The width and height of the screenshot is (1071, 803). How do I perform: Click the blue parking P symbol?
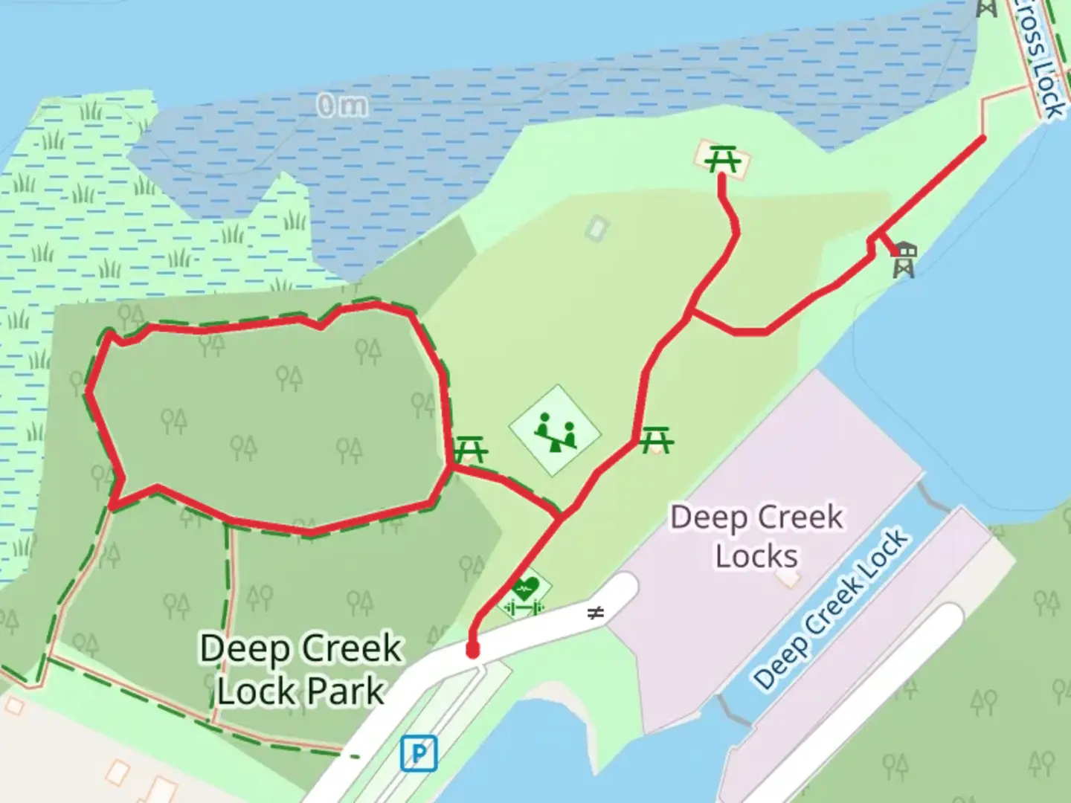[419, 754]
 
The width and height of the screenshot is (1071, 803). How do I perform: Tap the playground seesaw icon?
[554, 430]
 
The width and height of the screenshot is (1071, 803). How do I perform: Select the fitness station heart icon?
[526, 591]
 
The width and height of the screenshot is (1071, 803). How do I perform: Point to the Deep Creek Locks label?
[756, 535]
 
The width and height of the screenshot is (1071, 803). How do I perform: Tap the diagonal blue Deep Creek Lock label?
[830, 610]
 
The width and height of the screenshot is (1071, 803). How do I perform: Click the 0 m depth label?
[341, 106]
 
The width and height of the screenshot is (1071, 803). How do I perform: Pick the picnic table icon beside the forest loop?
[471, 449]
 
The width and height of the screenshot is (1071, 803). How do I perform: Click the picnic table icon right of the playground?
[656, 439]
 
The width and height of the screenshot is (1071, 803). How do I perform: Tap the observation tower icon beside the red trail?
[904, 259]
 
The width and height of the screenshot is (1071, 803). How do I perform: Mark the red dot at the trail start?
[472, 651]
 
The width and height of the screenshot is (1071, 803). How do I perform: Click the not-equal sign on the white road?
[595, 613]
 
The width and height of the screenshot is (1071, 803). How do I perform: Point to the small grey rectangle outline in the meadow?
[596, 228]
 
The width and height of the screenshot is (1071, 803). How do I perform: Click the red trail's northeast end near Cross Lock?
[983, 138]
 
